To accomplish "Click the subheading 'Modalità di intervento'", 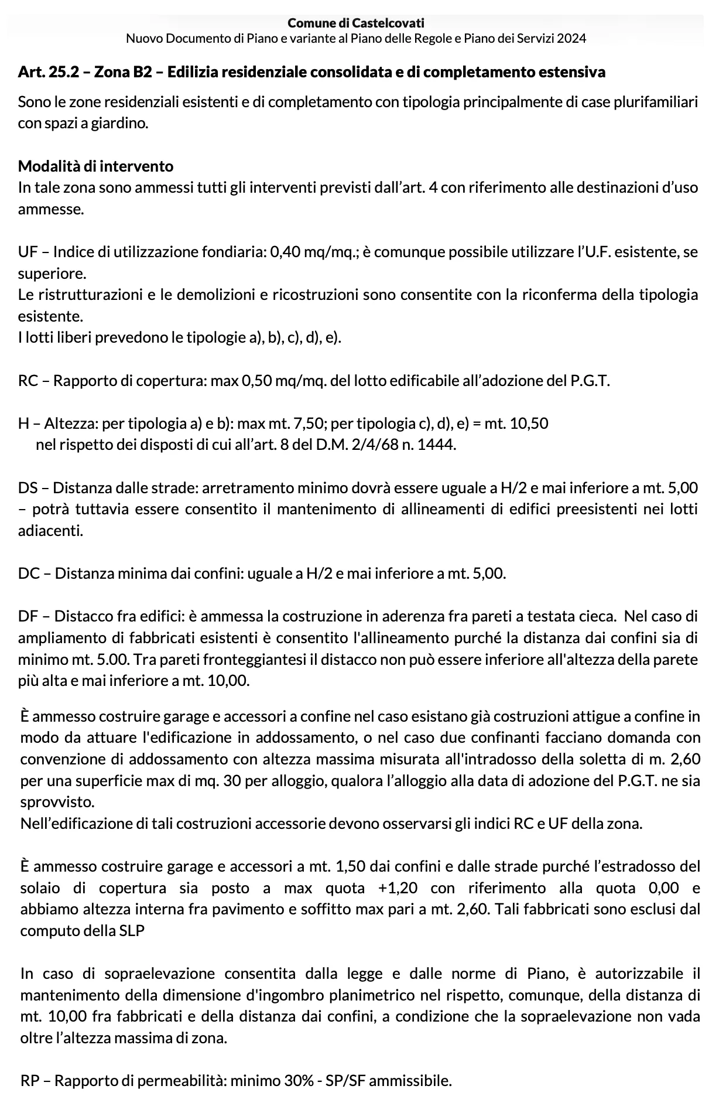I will [x=95, y=166].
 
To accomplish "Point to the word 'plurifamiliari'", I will [x=656, y=102].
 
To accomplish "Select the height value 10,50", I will [x=529, y=424].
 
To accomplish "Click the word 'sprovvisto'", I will [x=57, y=802].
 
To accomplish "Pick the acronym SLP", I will [x=131, y=931].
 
